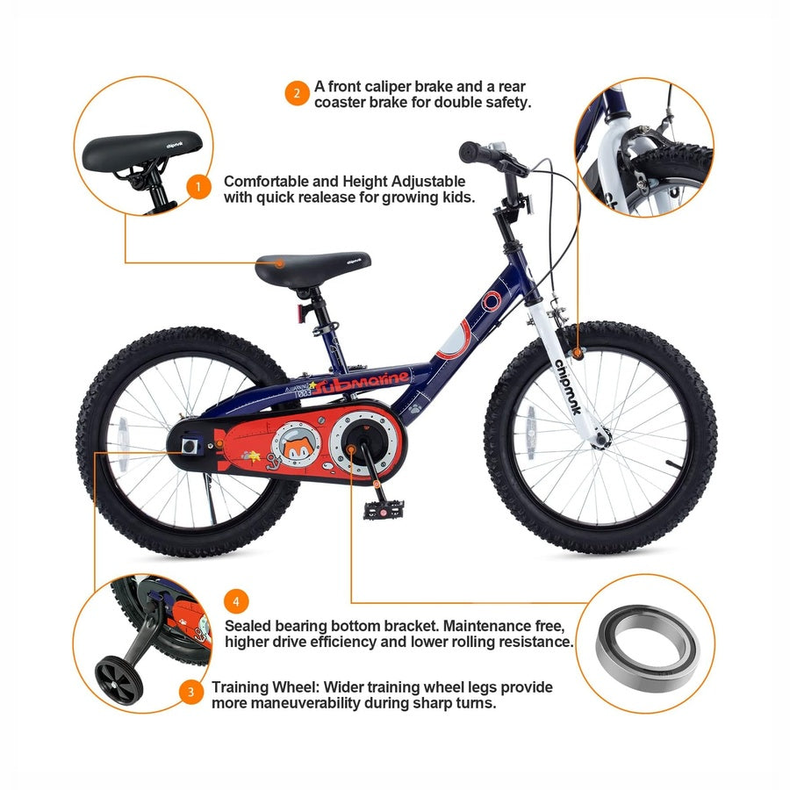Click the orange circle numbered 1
(x=198, y=186)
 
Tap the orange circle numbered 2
(x=297, y=93)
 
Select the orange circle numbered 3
(x=191, y=692)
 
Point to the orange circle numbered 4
(x=236, y=601)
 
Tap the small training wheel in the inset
(x=118, y=680)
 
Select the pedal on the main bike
(x=384, y=510)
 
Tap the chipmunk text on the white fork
(x=568, y=386)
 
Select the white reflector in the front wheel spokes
(x=529, y=434)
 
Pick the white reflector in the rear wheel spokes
(x=124, y=443)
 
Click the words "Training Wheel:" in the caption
(x=265, y=687)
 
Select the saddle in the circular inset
(x=142, y=150)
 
